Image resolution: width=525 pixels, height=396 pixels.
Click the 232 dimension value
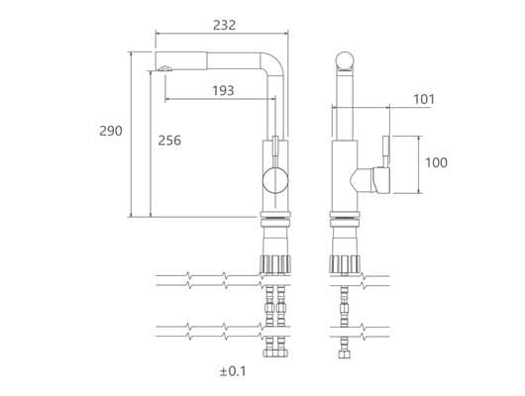point(224,25)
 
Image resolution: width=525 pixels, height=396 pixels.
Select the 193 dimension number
point(223,90)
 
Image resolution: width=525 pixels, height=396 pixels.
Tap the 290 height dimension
point(111,131)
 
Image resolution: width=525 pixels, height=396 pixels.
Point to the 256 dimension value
point(169,141)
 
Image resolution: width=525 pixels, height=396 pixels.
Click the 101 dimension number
point(424,99)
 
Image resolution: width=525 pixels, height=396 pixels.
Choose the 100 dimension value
point(436,162)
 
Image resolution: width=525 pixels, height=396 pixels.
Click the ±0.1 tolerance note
point(233,371)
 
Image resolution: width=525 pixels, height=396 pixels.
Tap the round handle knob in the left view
point(275,181)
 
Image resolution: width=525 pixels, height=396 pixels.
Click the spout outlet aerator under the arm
point(165,68)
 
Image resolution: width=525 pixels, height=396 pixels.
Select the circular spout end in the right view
point(345,61)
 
